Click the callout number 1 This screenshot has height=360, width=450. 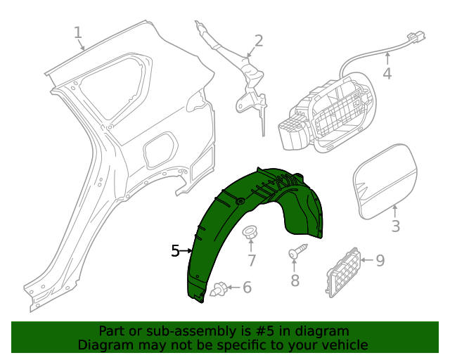click(77, 32)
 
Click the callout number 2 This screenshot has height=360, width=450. click(258, 40)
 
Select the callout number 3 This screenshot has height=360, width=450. click(395, 226)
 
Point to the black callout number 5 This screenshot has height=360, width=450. click(176, 250)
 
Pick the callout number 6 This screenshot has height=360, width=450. click(246, 287)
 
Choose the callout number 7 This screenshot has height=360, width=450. click(251, 260)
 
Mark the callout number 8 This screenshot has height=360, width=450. click(295, 281)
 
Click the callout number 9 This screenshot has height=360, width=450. click(380, 261)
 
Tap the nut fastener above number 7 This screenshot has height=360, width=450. click(250, 233)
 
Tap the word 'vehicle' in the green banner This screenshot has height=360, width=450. click(342, 345)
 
